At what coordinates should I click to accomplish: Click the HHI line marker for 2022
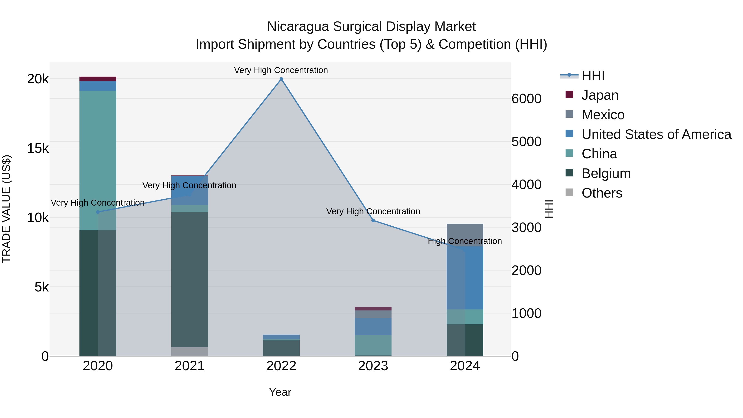pos(281,79)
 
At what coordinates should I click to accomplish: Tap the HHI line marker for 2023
pos(373,220)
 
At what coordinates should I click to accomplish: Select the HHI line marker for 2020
pos(98,212)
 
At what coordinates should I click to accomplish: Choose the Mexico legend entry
pos(603,115)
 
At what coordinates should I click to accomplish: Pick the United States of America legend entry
pos(656,134)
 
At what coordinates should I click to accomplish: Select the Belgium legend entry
pos(606,173)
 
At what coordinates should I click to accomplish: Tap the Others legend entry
pos(602,193)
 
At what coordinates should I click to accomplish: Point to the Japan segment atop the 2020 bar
pos(98,79)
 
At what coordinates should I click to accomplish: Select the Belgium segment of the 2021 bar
pos(189,280)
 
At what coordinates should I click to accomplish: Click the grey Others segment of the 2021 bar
pos(189,351)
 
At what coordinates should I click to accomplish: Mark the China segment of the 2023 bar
pos(373,345)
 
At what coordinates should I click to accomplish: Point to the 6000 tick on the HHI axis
pos(526,99)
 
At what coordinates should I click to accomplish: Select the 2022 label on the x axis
pos(281,366)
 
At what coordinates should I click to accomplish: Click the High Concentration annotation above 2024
pos(465,241)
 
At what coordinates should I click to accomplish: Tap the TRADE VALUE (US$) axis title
pos(6,209)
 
